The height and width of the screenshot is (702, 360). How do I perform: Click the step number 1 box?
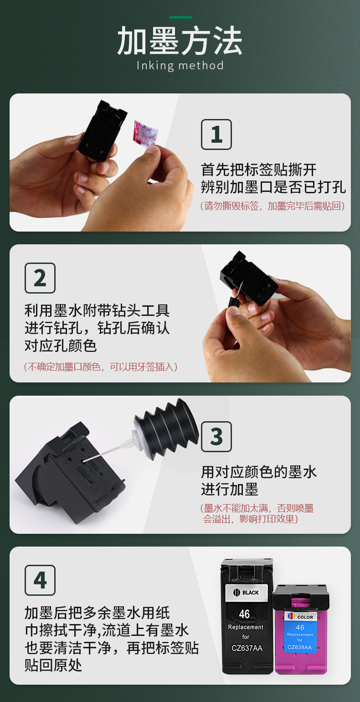[216, 134]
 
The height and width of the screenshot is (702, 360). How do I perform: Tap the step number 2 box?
[40, 278]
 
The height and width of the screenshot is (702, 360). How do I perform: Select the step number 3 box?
[216, 437]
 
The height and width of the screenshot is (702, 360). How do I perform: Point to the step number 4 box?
[40, 580]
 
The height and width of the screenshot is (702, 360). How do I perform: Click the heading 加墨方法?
[180, 41]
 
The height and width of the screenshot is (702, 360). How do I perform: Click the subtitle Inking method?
[180, 66]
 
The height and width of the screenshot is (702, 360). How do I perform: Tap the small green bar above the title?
[181, 17]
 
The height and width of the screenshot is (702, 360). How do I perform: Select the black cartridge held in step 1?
[102, 131]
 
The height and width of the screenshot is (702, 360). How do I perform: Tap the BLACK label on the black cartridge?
[247, 592]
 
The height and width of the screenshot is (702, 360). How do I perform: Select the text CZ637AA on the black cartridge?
[247, 648]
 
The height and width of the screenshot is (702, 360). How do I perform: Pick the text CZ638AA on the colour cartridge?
[300, 647]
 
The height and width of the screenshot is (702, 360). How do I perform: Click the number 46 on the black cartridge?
[244, 614]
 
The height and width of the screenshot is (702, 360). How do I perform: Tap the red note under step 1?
[273, 206]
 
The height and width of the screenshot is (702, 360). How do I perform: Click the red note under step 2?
[101, 366]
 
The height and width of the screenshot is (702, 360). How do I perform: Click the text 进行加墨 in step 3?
[230, 489]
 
